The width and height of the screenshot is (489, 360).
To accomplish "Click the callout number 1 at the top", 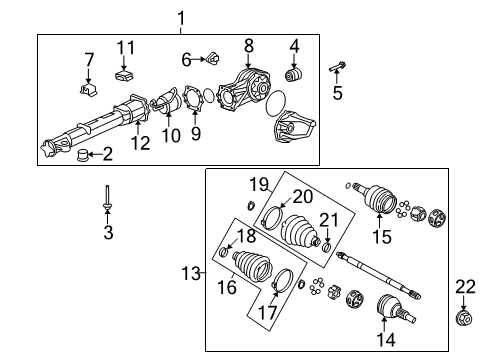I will coord(180,17).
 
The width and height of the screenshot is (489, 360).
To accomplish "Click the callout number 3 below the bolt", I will coord(107,233).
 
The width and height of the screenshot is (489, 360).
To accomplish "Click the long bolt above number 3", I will coord(107,200).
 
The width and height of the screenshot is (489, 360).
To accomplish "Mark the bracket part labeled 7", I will coord(87,91).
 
